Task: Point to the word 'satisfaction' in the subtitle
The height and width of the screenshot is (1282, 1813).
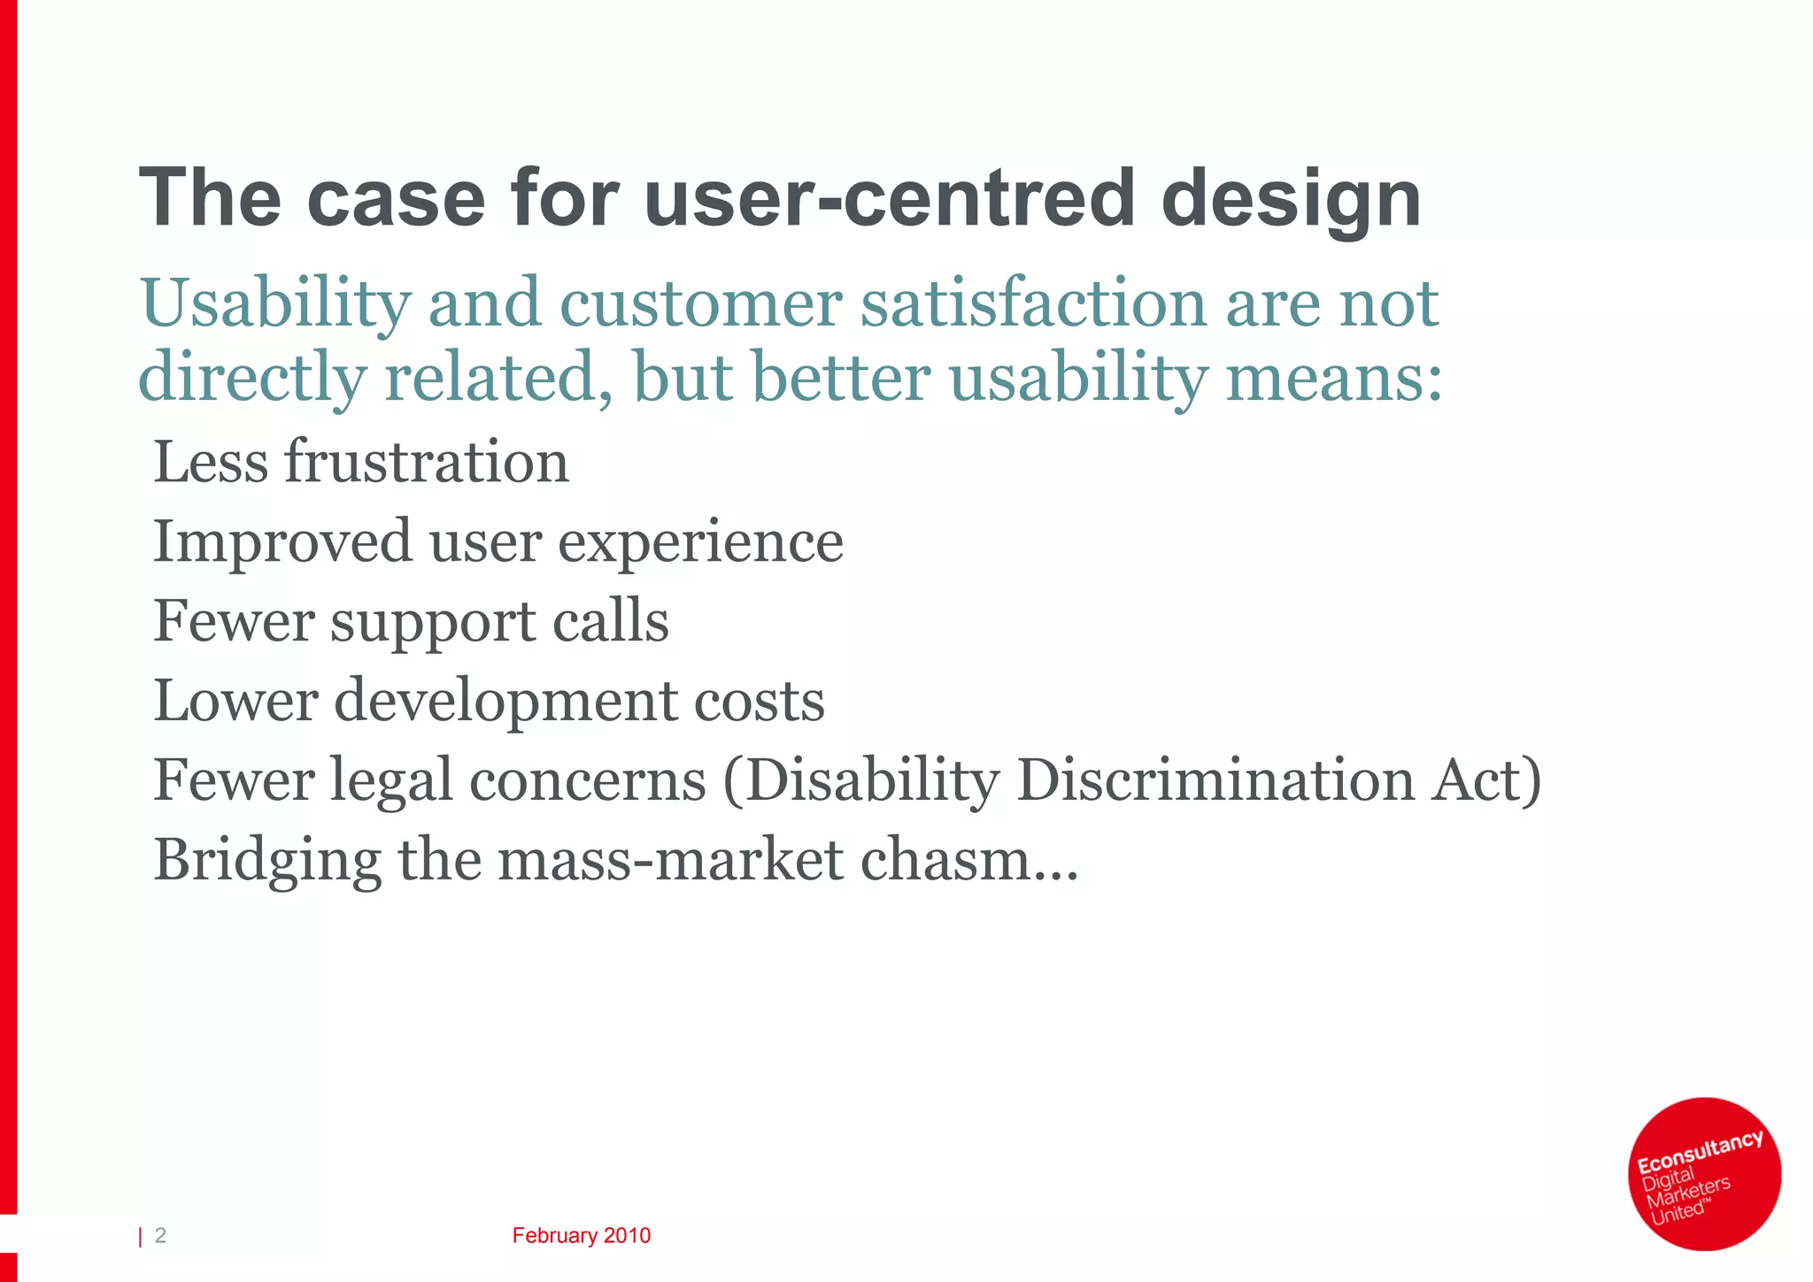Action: click(1034, 303)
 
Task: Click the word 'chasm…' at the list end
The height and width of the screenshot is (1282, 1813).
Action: click(969, 860)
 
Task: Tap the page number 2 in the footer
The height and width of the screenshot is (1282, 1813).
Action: click(160, 1235)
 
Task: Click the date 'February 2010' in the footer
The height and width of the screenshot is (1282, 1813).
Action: click(581, 1236)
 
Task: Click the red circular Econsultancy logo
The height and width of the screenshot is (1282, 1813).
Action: click(1704, 1173)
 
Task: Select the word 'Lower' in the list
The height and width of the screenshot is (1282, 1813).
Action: click(235, 702)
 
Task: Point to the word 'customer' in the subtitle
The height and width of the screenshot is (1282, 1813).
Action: click(701, 303)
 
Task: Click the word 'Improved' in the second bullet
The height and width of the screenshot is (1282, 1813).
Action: click(282, 541)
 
